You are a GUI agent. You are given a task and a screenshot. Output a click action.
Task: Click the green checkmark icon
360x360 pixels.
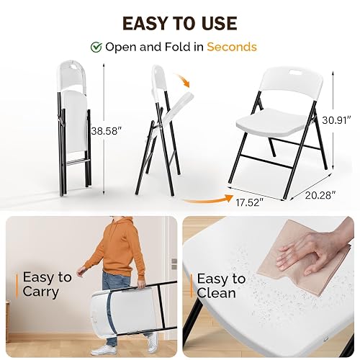click(96, 47)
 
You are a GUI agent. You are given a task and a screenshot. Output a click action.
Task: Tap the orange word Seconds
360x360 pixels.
click(232, 47)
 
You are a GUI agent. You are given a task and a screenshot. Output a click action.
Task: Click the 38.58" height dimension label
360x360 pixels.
click(105, 131)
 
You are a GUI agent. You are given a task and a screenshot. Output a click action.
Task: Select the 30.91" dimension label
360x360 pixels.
click(337, 120)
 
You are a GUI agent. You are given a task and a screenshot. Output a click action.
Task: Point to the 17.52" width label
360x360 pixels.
click(248, 202)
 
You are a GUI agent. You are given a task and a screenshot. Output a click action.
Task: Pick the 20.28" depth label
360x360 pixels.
click(320, 195)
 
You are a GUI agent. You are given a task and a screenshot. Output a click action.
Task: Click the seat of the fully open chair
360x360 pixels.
click(272, 123)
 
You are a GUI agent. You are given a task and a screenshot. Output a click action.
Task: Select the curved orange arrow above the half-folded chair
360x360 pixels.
click(183, 80)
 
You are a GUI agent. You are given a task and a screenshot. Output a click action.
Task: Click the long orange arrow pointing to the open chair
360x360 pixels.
click(208, 199)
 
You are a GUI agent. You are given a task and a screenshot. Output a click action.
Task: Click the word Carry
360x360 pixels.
click(41, 292)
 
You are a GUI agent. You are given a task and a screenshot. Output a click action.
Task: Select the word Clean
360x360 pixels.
click(216, 293)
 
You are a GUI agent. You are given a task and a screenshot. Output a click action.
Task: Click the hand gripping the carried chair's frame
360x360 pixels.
click(141, 284)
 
